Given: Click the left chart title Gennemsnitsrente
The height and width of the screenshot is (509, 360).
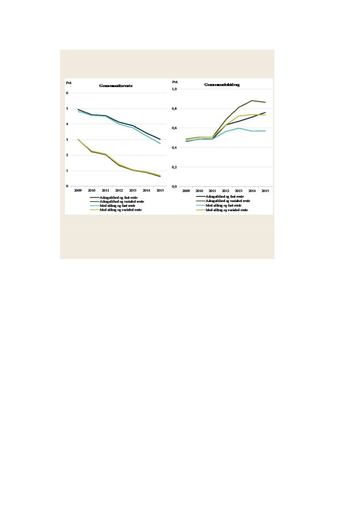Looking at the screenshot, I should click(x=116, y=86).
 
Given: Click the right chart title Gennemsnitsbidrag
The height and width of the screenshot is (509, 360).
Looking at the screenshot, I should click(x=222, y=84).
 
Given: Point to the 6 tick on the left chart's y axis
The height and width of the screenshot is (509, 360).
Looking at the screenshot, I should click(x=67, y=93).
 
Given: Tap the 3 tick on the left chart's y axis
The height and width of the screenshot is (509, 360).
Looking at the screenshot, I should click(x=67, y=140).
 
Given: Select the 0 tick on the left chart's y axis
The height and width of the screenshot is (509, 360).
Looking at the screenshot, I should click(x=67, y=186).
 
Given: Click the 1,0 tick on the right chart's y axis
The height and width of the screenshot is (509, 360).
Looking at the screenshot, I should click(x=175, y=89).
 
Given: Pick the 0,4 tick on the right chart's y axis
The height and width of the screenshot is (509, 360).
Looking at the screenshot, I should click(x=175, y=148).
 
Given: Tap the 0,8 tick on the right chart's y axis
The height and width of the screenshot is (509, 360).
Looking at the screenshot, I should click(x=175, y=108).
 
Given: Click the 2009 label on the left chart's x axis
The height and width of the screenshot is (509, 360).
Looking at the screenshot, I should click(x=78, y=191).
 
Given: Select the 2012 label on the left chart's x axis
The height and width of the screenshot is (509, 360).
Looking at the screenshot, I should click(x=119, y=191).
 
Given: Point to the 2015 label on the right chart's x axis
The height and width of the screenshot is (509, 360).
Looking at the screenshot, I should click(x=265, y=191).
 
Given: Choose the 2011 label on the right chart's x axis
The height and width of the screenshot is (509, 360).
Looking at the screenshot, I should click(x=212, y=191).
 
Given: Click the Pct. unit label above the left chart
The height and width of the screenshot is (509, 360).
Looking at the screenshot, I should click(x=69, y=82).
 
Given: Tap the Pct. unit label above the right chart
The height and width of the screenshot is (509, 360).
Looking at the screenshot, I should click(x=175, y=81).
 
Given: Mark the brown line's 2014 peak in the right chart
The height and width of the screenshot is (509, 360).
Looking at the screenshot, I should click(x=252, y=101).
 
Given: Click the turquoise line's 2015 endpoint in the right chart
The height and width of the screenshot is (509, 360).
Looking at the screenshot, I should click(x=265, y=131).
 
